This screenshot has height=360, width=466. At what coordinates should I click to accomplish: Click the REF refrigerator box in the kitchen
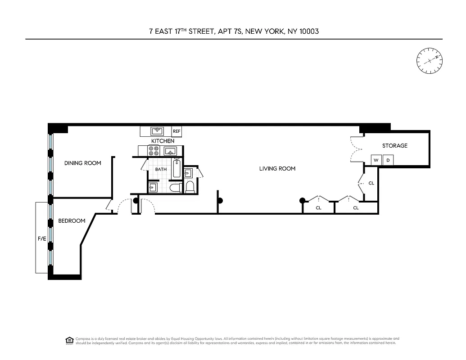pyautogui.click(x=177, y=131)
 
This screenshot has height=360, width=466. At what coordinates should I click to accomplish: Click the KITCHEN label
pyautogui.click(x=163, y=141)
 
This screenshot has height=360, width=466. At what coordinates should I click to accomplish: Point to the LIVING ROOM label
pyautogui.click(x=277, y=169)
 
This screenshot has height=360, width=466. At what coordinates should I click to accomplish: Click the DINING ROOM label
pyautogui.click(x=82, y=163)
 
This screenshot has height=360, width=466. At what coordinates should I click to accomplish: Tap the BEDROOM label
pyautogui.click(x=72, y=221)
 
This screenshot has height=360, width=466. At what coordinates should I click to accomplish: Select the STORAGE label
pyautogui.click(x=395, y=146)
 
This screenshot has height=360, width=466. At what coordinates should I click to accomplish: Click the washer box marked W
pyautogui.click(x=376, y=160)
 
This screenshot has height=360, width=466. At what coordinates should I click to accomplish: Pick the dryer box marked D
pyautogui.click(x=388, y=160)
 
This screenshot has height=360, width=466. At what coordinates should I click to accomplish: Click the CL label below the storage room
pyautogui.click(x=371, y=183)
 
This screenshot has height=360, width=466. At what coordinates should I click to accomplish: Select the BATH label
pyautogui.click(x=161, y=170)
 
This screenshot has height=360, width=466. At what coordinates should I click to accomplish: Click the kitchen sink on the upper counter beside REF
pyautogui.click(x=158, y=131)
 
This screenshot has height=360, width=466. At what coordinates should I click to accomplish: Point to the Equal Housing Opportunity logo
pyautogui.click(x=69, y=340)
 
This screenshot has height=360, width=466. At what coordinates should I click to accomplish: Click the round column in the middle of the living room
pyautogui.click(x=220, y=201)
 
